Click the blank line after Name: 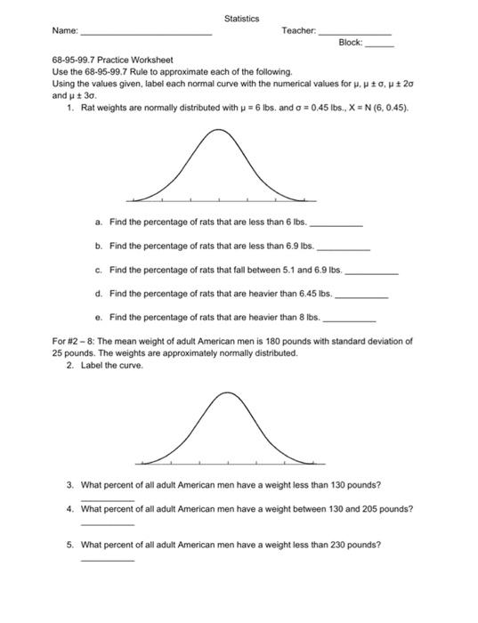pos(146,33)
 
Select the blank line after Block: pos(379,44)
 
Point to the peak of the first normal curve pos(215,131)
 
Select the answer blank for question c pos(371,271)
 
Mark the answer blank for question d pos(361,295)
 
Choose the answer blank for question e pos(349,318)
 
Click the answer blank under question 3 pos(107,500)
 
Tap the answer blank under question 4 pos(107,524)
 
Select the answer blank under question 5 pos(107,560)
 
